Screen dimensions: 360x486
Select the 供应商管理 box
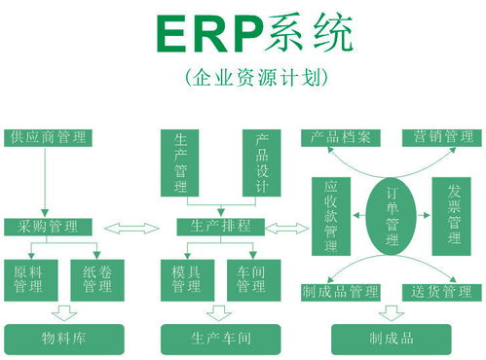(x=46, y=136)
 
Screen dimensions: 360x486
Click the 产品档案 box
(x=339, y=137)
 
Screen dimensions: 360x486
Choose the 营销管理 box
(x=443, y=137)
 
